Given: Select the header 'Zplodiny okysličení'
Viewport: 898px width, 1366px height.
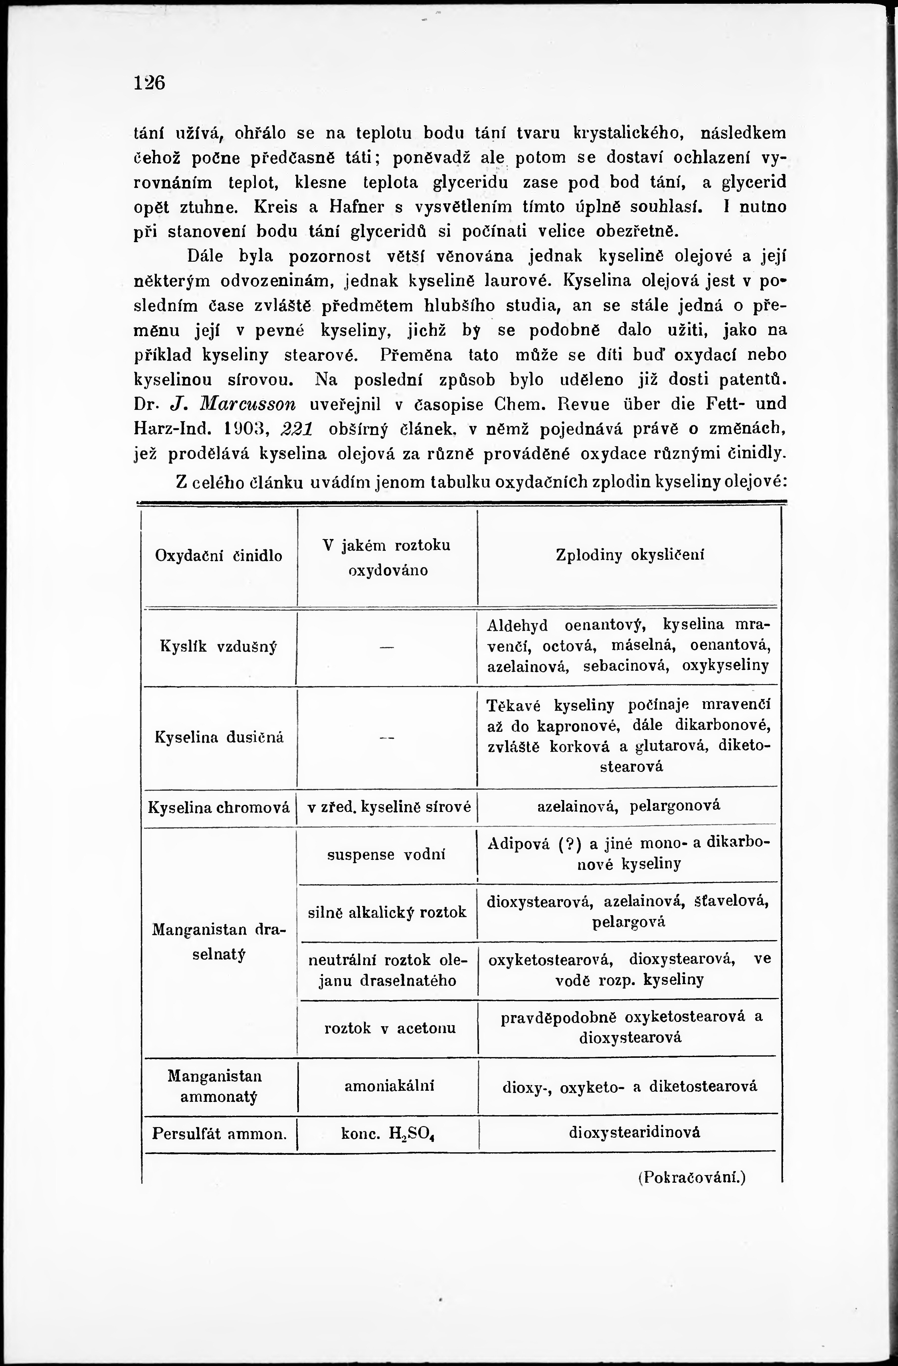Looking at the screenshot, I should point(630,555).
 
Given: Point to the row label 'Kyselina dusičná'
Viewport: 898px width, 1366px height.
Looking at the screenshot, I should point(219,737).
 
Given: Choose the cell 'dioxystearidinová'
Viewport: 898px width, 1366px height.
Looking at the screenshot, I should point(634,1133).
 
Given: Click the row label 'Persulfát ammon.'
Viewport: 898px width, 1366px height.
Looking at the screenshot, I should point(219,1134).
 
